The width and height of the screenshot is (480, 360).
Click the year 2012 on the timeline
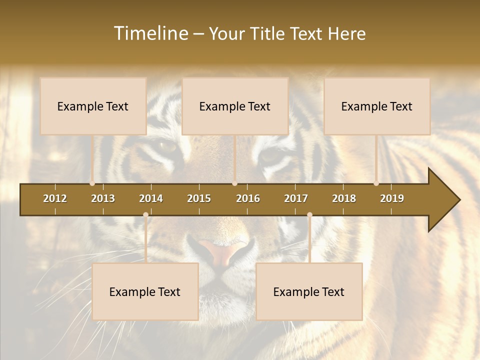coord(55,198)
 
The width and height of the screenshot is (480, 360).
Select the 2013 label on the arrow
coord(103,198)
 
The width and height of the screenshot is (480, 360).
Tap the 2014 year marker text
coord(151,198)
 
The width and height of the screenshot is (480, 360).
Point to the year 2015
coord(199,198)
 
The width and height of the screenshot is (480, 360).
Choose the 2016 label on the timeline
coord(248,198)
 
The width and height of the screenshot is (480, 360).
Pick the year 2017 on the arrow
coord(296,198)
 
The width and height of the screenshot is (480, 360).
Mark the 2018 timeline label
coord(344,198)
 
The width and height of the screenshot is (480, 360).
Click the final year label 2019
coord(392,198)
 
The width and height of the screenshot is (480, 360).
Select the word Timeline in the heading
coord(150,33)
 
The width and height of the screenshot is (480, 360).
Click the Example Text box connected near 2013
coord(93,106)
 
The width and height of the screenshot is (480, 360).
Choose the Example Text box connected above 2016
coord(235,106)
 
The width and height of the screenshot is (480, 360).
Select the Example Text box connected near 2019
coord(377,106)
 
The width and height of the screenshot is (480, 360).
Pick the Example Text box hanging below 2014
coord(145,291)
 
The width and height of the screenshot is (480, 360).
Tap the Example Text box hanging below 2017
coord(309,291)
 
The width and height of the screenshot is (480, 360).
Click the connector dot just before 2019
coord(376,183)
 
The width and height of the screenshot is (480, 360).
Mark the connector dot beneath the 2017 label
coord(309,215)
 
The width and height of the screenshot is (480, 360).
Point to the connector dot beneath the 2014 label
coord(145,215)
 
